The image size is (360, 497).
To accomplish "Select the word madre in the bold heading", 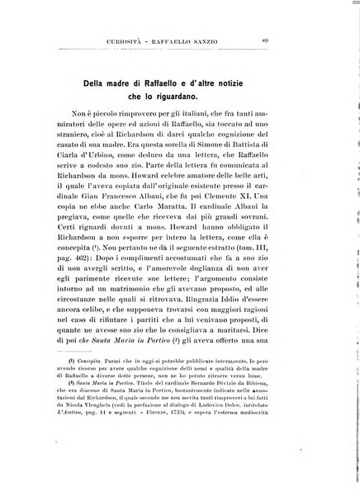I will pos(141,85).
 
